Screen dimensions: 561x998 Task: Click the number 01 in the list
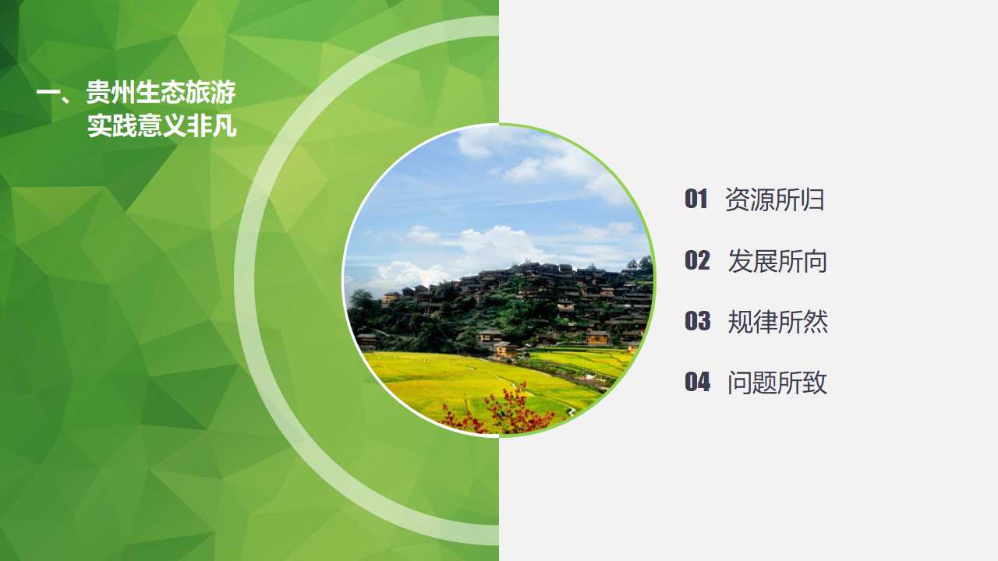695,199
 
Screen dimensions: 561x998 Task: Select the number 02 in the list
697,260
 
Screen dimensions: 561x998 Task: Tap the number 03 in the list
697,321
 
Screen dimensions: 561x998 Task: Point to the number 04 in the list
697,382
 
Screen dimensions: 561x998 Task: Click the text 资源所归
774,200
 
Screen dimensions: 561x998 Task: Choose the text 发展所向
777,261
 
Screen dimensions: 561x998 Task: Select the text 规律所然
777,322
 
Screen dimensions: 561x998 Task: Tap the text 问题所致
777,383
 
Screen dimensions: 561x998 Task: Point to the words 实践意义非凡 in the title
161,126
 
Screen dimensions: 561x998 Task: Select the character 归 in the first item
812,200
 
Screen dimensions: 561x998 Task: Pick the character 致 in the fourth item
816,383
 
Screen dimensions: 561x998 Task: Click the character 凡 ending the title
225,126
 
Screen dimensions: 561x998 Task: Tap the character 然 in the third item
816,322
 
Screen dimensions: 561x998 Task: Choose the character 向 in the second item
816,261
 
